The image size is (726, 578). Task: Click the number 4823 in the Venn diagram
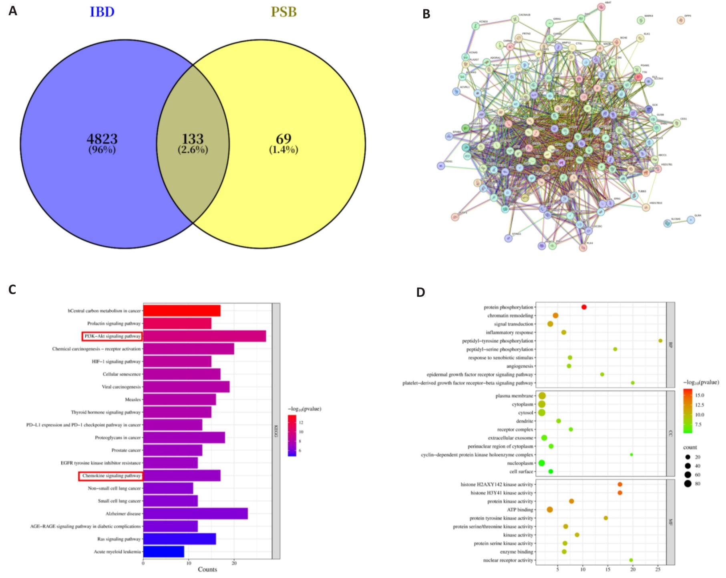point(102,139)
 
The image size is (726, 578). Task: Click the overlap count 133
point(193,139)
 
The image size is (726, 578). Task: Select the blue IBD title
point(102,12)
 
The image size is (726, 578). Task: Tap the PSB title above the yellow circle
point(284,12)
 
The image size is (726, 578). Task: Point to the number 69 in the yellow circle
point(284,139)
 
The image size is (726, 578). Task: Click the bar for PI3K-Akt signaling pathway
point(204,336)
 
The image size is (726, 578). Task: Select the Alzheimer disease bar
point(195,514)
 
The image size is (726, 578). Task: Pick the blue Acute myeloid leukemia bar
point(163,552)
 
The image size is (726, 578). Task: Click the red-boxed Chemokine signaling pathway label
point(111,476)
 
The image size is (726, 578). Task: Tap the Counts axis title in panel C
point(207,569)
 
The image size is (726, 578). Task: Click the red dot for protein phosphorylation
point(584,307)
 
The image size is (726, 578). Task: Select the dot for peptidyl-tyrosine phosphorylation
point(660,341)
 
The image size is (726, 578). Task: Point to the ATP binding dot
point(550,510)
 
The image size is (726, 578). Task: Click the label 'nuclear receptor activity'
point(508,560)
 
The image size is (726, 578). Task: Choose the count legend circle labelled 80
point(688,484)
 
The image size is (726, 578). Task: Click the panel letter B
point(426,14)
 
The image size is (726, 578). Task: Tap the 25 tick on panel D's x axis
point(658,570)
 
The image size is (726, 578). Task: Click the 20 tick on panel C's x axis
point(234,563)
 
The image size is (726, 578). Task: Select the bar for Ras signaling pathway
point(179,539)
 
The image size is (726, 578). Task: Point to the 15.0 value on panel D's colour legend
point(699,395)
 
